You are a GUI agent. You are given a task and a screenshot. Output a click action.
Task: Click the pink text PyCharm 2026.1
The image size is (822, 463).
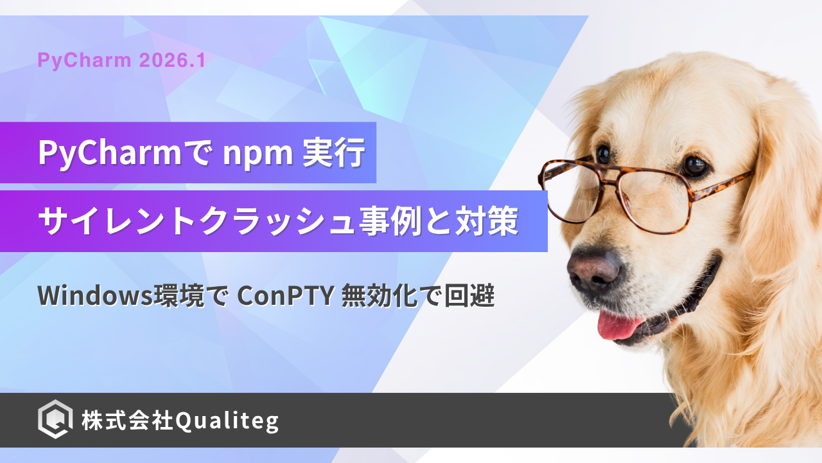121,60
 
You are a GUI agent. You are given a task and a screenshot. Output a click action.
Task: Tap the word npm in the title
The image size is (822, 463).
258,154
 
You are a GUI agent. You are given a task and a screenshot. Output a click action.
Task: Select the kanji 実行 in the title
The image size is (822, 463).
333,152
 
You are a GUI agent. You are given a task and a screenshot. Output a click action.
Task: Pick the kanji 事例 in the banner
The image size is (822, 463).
390,221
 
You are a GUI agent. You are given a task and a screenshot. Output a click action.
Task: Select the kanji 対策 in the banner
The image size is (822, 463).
487,221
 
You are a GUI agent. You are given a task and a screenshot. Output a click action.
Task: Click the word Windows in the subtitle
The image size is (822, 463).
95,295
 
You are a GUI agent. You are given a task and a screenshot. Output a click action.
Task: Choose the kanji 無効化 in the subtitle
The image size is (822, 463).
380,296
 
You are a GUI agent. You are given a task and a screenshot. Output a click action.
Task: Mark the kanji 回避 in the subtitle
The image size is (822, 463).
469,296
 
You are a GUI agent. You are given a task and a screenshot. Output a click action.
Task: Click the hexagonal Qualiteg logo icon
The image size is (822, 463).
55,419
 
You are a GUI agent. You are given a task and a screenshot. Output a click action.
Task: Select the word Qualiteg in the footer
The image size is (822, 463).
227,421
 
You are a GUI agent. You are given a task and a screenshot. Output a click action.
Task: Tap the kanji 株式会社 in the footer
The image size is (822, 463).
127,420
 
